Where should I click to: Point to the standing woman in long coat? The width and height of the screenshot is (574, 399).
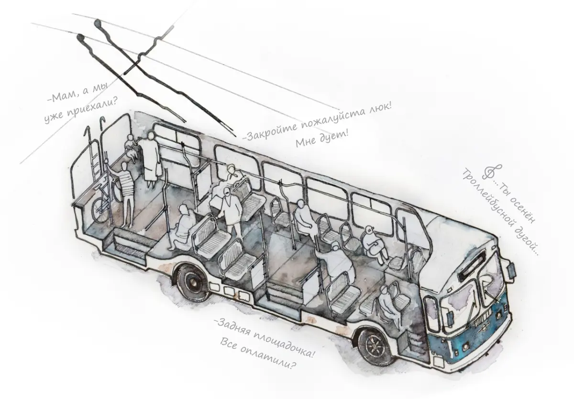point(151,159)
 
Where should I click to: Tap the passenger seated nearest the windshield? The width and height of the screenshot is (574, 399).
point(388,307)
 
